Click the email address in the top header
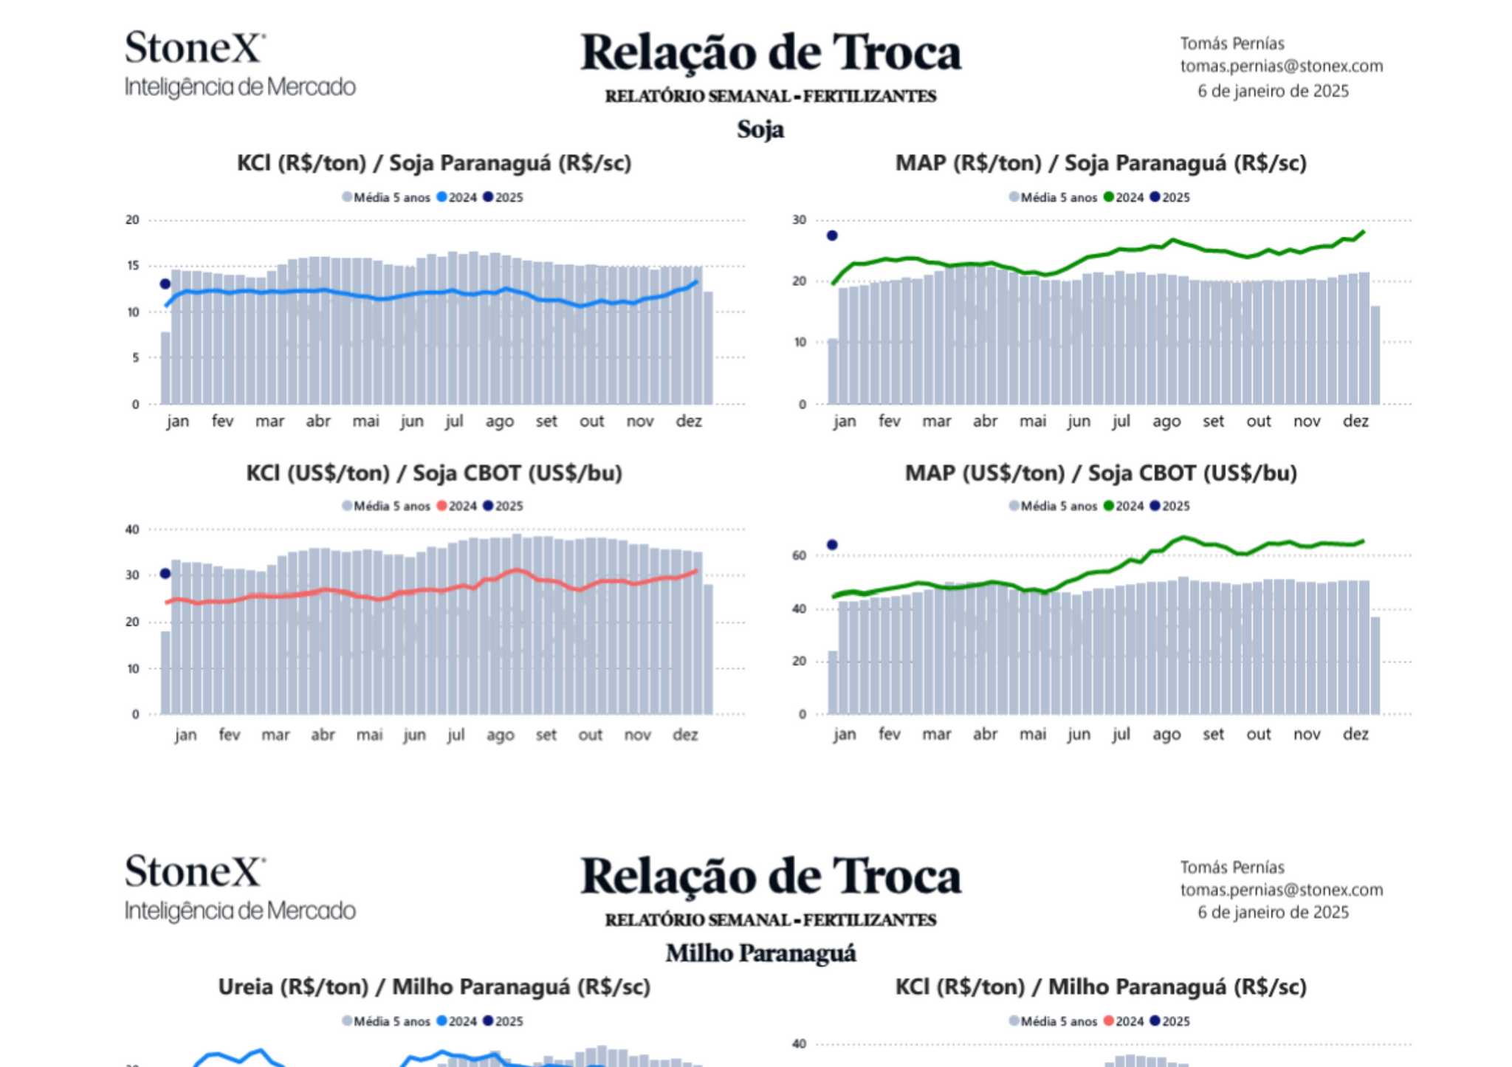pyautogui.click(x=1281, y=66)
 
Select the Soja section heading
pyautogui.click(x=760, y=129)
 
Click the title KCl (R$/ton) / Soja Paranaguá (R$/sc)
pyautogui.click(x=434, y=163)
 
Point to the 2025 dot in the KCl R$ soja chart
pyautogui.click(x=165, y=284)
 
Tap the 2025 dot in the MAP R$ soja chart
pyautogui.click(x=832, y=236)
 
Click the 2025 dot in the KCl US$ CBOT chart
pyautogui.click(x=165, y=574)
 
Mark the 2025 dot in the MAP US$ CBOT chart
pyautogui.click(x=832, y=545)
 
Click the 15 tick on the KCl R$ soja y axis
pyautogui.click(x=133, y=266)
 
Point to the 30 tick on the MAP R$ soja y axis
pyautogui.click(x=800, y=220)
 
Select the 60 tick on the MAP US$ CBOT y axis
pyautogui.click(x=800, y=555)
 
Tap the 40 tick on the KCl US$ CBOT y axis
pyautogui.click(x=133, y=529)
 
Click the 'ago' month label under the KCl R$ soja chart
pyautogui.click(x=500, y=422)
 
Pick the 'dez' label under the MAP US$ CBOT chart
pyautogui.click(x=1355, y=734)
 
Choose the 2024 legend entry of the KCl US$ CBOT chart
pyautogui.click(x=457, y=506)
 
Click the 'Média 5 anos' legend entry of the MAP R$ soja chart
pyautogui.click(x=1054, y=197)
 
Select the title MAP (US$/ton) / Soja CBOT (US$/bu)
pyautogui.click(x=1101, y=473)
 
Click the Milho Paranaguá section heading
pyautogui.click(x=760, y=953)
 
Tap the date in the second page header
pyautogui.click(x=1273, y=913)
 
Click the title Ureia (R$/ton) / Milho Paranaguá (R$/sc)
pyautogui.click(x=434, y=987)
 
